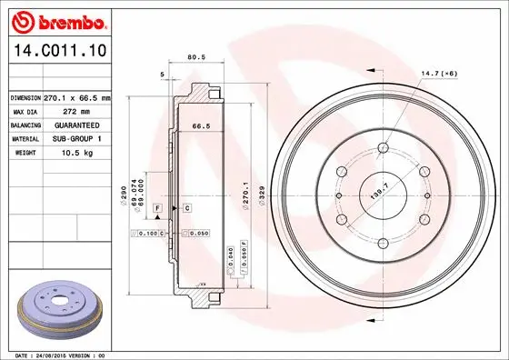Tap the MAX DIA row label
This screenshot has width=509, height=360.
click(24, 111)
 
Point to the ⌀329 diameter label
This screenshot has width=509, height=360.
click(262, 195)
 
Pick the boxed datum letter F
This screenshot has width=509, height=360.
click(157, 209)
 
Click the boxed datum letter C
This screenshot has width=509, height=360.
click(185, 209)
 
